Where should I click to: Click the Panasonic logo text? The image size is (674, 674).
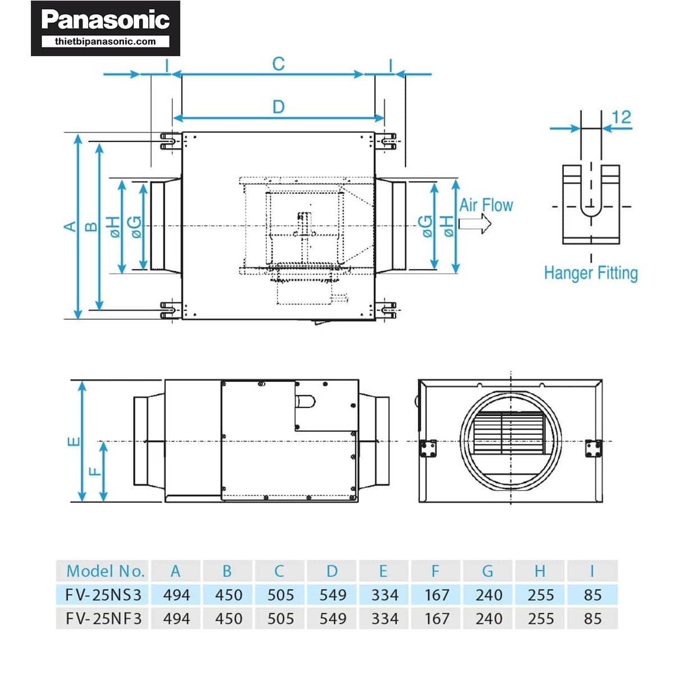pyautogui.click(x=106, y=20)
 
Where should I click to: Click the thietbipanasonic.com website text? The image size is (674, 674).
pyautogui.click(x=106, y=42)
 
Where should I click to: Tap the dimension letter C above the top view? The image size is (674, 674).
pyautogui.click(x=278, y=64)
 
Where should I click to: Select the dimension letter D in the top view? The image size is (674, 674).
pyautogui.click(x=278, y=107)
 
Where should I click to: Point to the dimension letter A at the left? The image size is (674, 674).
pyautogui.click(x=70, y=226)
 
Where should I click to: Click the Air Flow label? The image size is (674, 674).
pyautogui.click(x=486, y=205)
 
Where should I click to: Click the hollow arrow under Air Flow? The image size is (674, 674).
pyautogui.click(x=475, y=224)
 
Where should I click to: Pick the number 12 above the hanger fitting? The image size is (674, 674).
pyautogui.click(x=621, y=117)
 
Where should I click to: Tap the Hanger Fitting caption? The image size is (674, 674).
pyautogui.click(x=591, y=273)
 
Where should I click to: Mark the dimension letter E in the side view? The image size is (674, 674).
pyautogui.click(x=74, y=441)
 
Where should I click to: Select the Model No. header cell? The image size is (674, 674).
pyautogui.click(x=105, y=571)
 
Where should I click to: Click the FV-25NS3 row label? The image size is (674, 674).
pyautogui.click(x=103, y=595)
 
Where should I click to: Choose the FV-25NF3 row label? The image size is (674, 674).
pyautogui.click(x=103, y=618)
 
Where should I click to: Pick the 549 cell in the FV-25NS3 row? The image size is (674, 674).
pyautogui.click(x=333, y=595)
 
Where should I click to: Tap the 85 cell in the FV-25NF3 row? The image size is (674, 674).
pyautogui.click(x=593, y=618)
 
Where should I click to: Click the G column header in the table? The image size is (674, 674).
pyautogui.click(x=488, y=571)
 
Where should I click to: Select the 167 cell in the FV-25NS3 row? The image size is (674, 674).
pyautogui.click(x=436, y=595)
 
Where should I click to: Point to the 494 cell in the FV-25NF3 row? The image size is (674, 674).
pyautogui.click(x=176, y=618)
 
